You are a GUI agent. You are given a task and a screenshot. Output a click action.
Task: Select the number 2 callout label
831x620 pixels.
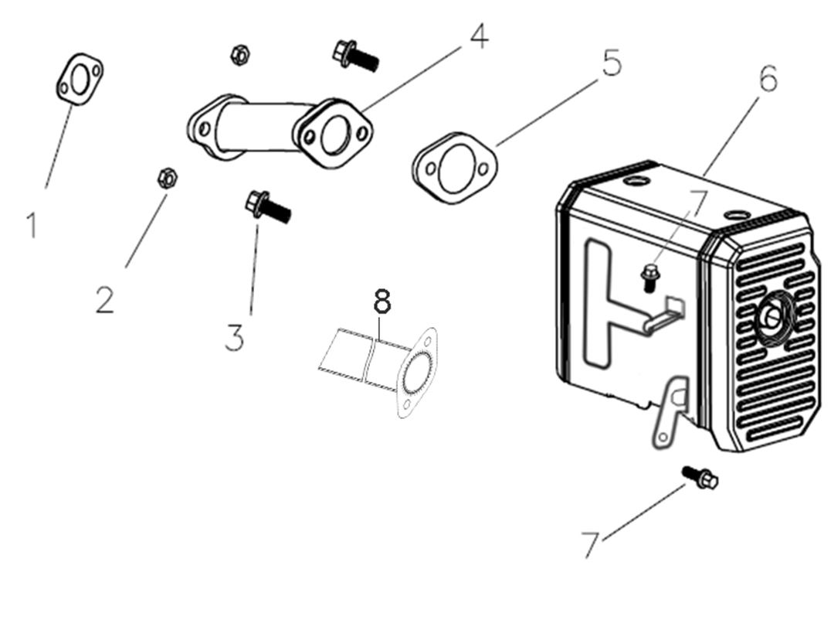[x=105, y=299]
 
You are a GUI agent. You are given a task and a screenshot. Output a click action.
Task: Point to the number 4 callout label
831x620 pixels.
[x=479, y=36]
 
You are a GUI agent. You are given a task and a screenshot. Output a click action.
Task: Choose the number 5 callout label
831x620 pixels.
[x=611, y=63]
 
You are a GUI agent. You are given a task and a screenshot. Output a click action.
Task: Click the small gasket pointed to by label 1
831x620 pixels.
[x=80, y=78]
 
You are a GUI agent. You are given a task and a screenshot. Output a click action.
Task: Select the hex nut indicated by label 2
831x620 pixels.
[x=165, y=177]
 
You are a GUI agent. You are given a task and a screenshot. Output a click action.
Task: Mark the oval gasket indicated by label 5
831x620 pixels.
[x=454, y=168]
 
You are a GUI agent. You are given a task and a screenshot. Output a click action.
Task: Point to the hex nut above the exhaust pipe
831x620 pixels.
[x=239, y=54]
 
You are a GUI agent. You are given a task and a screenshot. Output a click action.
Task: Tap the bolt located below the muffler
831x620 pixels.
[x=700, y=477]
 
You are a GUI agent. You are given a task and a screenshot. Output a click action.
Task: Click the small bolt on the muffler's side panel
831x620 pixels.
[x=650, y=275]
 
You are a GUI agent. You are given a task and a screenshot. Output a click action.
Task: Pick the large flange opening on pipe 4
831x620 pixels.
[x=334, y=134]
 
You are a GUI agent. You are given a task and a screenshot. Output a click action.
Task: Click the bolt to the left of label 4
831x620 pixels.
[x=354, y=55]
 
